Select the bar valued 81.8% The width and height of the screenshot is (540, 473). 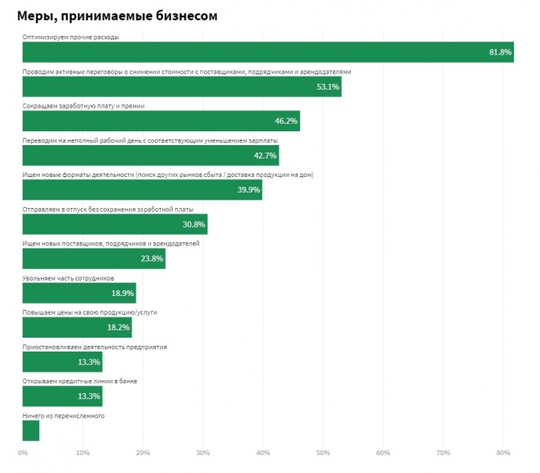click(268, 51)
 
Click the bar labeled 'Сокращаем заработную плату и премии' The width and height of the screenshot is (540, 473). click(161, 121)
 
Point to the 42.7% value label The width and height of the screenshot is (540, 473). click(266, 156)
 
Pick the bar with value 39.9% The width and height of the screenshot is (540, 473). click(142, 190)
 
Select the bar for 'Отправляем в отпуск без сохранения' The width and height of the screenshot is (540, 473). click(115, 224)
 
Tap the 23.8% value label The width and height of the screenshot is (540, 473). click(152, 259)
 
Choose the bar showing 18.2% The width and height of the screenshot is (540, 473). click(77, 328)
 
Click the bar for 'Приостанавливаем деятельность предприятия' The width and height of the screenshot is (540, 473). click(62, 362)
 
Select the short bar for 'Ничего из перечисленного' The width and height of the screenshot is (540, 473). click(31, 431)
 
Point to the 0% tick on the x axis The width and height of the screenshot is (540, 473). click(23, 453)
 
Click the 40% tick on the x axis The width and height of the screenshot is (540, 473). click(263, 453)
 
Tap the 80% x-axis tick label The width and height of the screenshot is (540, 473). click(503, 453)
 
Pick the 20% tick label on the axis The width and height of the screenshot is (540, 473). click(143, 453)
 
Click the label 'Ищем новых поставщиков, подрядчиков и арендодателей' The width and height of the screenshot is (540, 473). click(111, 244)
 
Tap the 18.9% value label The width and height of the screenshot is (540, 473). click(122, 294)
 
